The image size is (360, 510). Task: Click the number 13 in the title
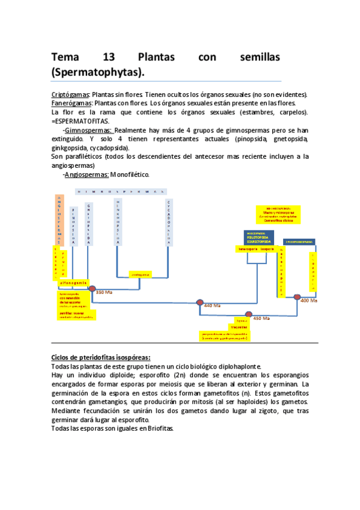pos(109,58)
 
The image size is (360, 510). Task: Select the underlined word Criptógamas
pos(70,95)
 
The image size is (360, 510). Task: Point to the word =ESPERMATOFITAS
pos(80,120)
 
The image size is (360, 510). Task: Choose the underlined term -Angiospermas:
pos(85,174)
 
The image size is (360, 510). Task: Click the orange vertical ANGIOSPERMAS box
pos(59,220)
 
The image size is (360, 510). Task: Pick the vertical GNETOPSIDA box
pos(89,223)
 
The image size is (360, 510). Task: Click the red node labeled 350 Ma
pos(91,289)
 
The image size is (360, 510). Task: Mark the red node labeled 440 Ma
pos(200,303)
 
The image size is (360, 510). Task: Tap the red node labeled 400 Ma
pos(297,296)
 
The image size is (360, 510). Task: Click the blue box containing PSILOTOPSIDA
pos(258,237)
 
